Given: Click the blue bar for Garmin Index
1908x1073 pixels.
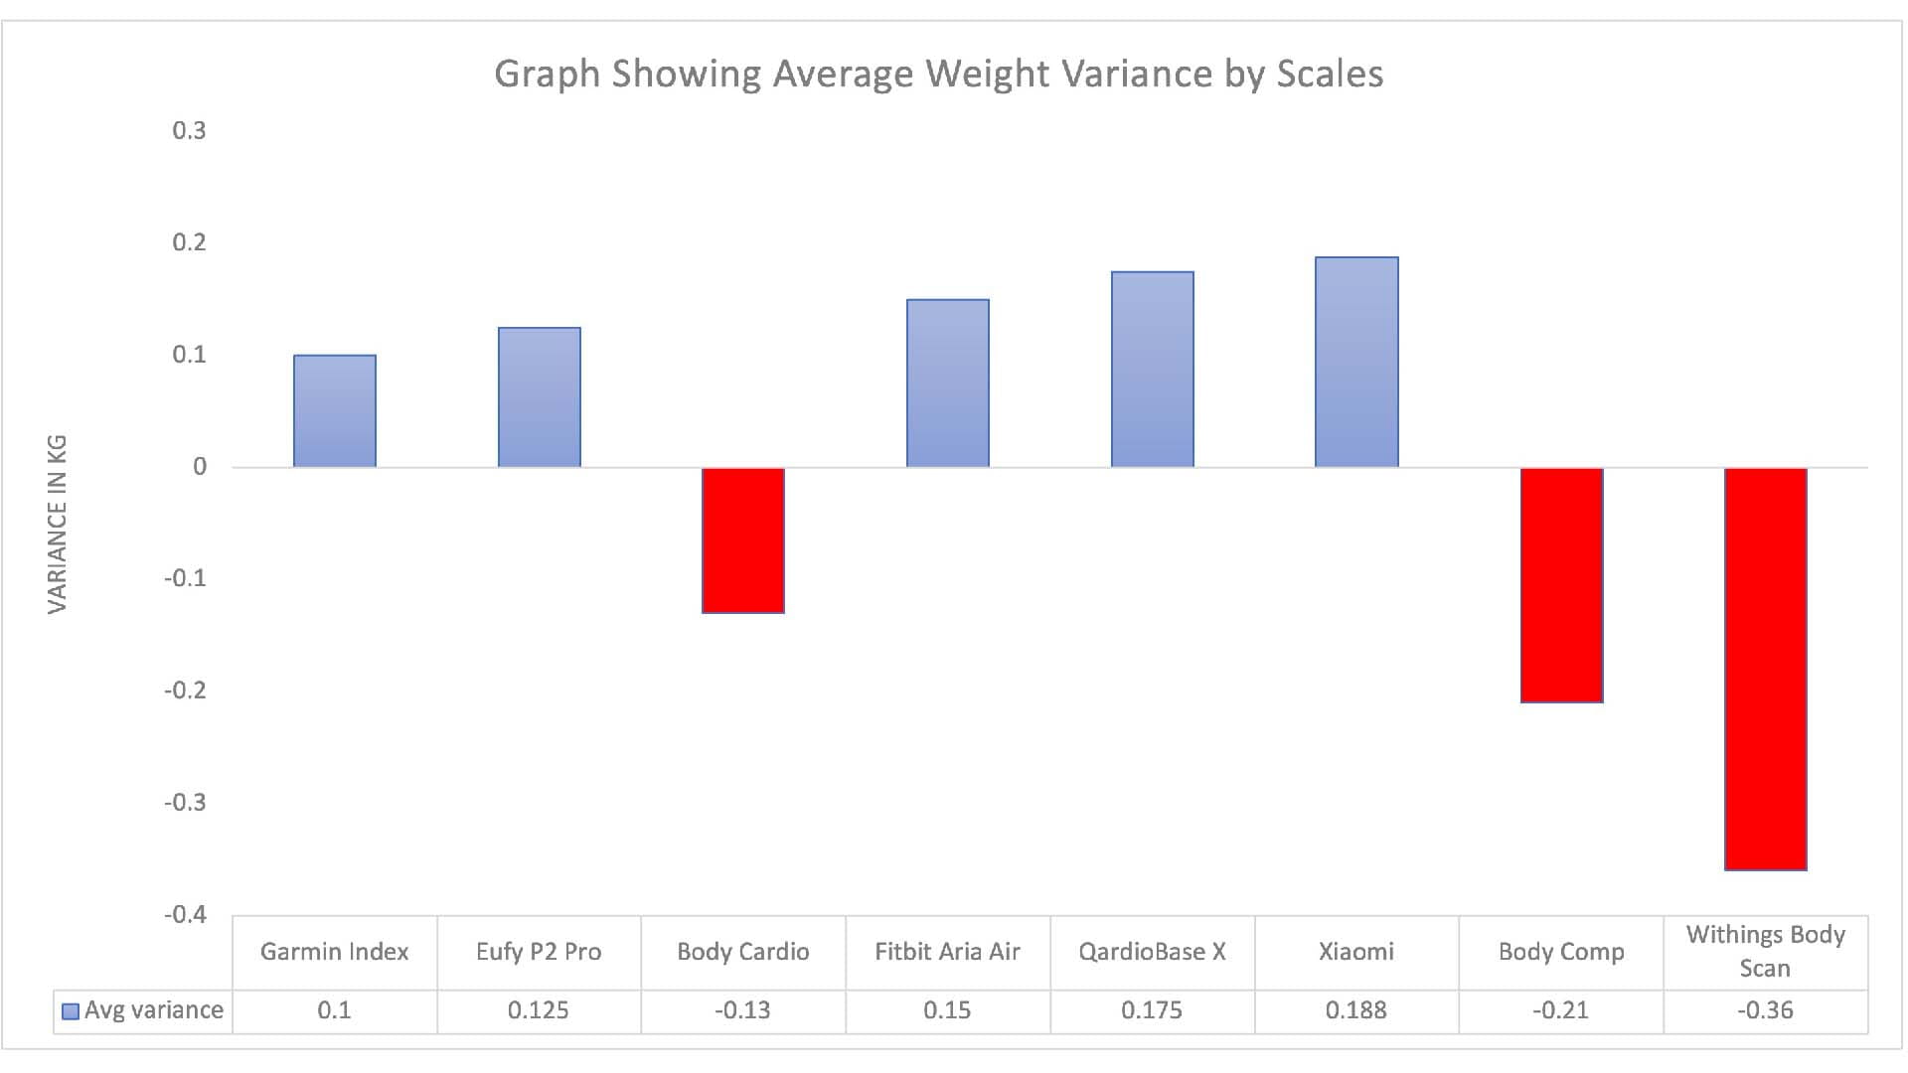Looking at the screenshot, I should pos(334,411).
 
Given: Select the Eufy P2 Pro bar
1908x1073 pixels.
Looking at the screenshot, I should pos(539,397).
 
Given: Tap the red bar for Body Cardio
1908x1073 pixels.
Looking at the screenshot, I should pos(743,539).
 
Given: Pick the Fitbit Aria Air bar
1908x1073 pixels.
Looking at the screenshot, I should pos(947,383).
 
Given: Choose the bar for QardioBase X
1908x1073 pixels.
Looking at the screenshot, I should pos(1152,370).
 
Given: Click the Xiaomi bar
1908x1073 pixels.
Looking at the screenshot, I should pos(1356,363).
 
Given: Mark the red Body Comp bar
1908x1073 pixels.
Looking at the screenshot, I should pos(1561,585).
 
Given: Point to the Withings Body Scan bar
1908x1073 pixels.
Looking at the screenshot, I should pos(1766,669).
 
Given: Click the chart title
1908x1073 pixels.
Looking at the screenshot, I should pos(938,75).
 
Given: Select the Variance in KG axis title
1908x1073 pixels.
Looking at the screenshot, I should pos(58,524).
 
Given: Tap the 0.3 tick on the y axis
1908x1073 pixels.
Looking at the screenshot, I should pos(189,131).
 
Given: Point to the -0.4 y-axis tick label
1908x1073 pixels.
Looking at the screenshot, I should pos(185,914).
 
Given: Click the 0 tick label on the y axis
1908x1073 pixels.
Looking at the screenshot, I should pos(200,467).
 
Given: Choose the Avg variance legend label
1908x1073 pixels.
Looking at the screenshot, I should pos(153,1010).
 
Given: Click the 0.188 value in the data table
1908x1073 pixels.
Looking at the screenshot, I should pos(1355,1010).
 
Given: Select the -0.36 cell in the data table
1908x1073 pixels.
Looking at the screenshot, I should pos(1765,1010).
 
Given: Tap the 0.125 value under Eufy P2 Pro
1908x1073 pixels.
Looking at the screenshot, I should pos(538,1010).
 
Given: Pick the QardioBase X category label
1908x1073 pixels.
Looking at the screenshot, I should pos(1152,952).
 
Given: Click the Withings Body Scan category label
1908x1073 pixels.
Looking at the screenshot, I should pos(1765,951).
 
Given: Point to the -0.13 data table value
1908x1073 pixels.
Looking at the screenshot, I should pos(742,1010).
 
